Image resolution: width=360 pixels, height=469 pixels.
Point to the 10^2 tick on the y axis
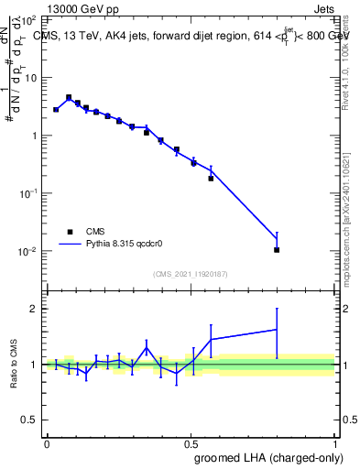(x=35, y=19)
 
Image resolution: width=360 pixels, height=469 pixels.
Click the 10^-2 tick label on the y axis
(x=29, y=251)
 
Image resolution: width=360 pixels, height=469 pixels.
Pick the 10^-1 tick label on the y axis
(x=29, y=193)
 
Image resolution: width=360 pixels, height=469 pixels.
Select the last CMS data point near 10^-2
(x=277, y=249)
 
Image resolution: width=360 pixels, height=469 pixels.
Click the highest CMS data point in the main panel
(x=69, y=97)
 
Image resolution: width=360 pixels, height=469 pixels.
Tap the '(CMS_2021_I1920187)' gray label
(x=191, y=273)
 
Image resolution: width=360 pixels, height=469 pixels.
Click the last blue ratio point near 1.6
(x=277, y=330)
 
